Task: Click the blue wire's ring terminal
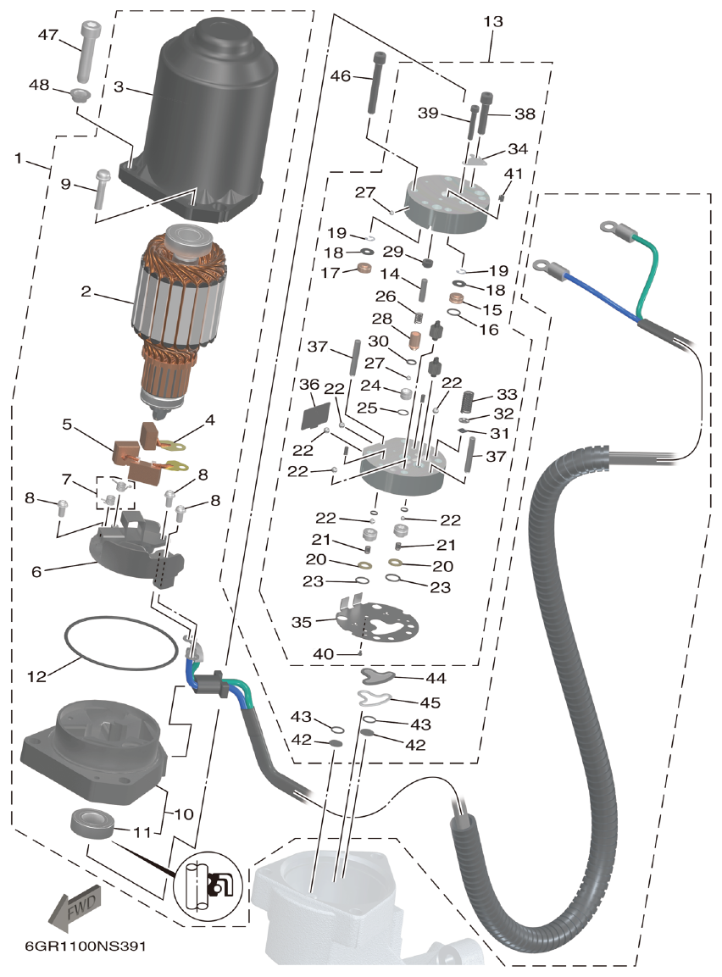545,266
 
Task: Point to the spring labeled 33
468,399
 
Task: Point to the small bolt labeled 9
100,187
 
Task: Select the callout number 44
436,678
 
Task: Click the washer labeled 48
81,92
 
